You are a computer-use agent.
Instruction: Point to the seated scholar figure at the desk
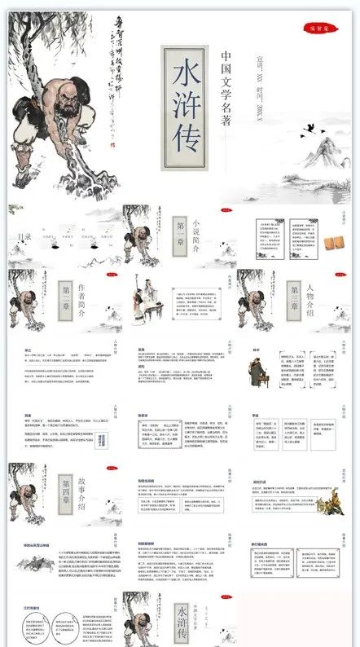pos(151,297)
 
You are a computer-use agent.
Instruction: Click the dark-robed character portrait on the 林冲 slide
pos(261,372)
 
